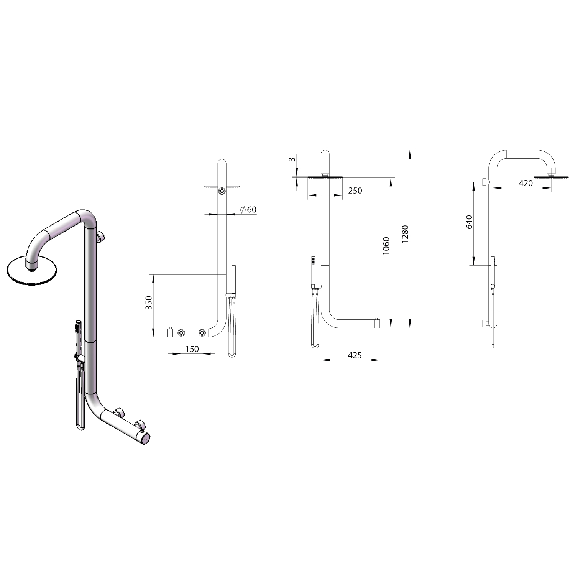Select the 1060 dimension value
[386, 246]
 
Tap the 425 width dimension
[355, 355]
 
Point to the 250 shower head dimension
[355, 191]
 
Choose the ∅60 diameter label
[248, 210]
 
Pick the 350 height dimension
[149, 303]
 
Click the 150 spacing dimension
[192, 349]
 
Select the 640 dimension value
[469, 222]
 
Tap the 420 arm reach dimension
[526, 183]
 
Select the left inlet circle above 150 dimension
[181, 333]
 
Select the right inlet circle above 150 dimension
[202, 333]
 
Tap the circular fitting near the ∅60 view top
[222, 191]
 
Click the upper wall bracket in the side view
[485, 181]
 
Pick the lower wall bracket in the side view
[485, 324]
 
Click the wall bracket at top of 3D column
[101, 237]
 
